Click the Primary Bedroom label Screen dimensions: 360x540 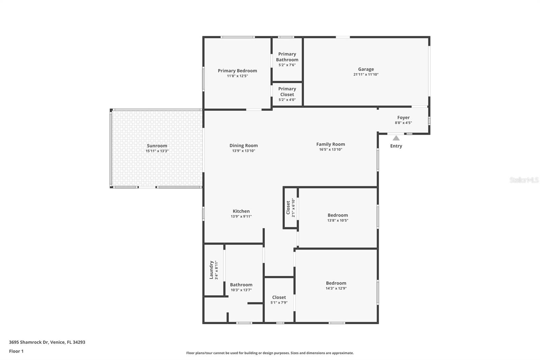(237, 71)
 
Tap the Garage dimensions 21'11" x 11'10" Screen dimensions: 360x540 (366, 75)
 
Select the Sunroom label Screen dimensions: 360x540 (157, 146)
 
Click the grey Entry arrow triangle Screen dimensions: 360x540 (396, 138)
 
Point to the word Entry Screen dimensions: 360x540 (396, 146)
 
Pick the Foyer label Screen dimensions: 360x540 (403, 118)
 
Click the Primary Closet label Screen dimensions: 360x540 (287, 92)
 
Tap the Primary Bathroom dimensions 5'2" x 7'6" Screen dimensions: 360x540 (287, 65)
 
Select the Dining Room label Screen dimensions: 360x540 (244, 146)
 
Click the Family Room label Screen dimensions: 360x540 (330, 144)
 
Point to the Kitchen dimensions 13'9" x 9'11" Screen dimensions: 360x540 (241, 216)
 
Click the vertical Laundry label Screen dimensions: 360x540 (212, 269)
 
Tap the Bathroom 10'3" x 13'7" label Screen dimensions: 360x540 (241, 285)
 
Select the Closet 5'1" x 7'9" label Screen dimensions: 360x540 (279, 298)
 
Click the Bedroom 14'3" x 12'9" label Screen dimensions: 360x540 (336, 283)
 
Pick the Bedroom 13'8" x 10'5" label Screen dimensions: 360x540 (337, 215)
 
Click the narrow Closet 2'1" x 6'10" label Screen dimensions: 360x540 (288, 207)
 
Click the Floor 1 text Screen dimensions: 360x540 (16, 351)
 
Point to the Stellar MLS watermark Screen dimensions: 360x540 (524, 180)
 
